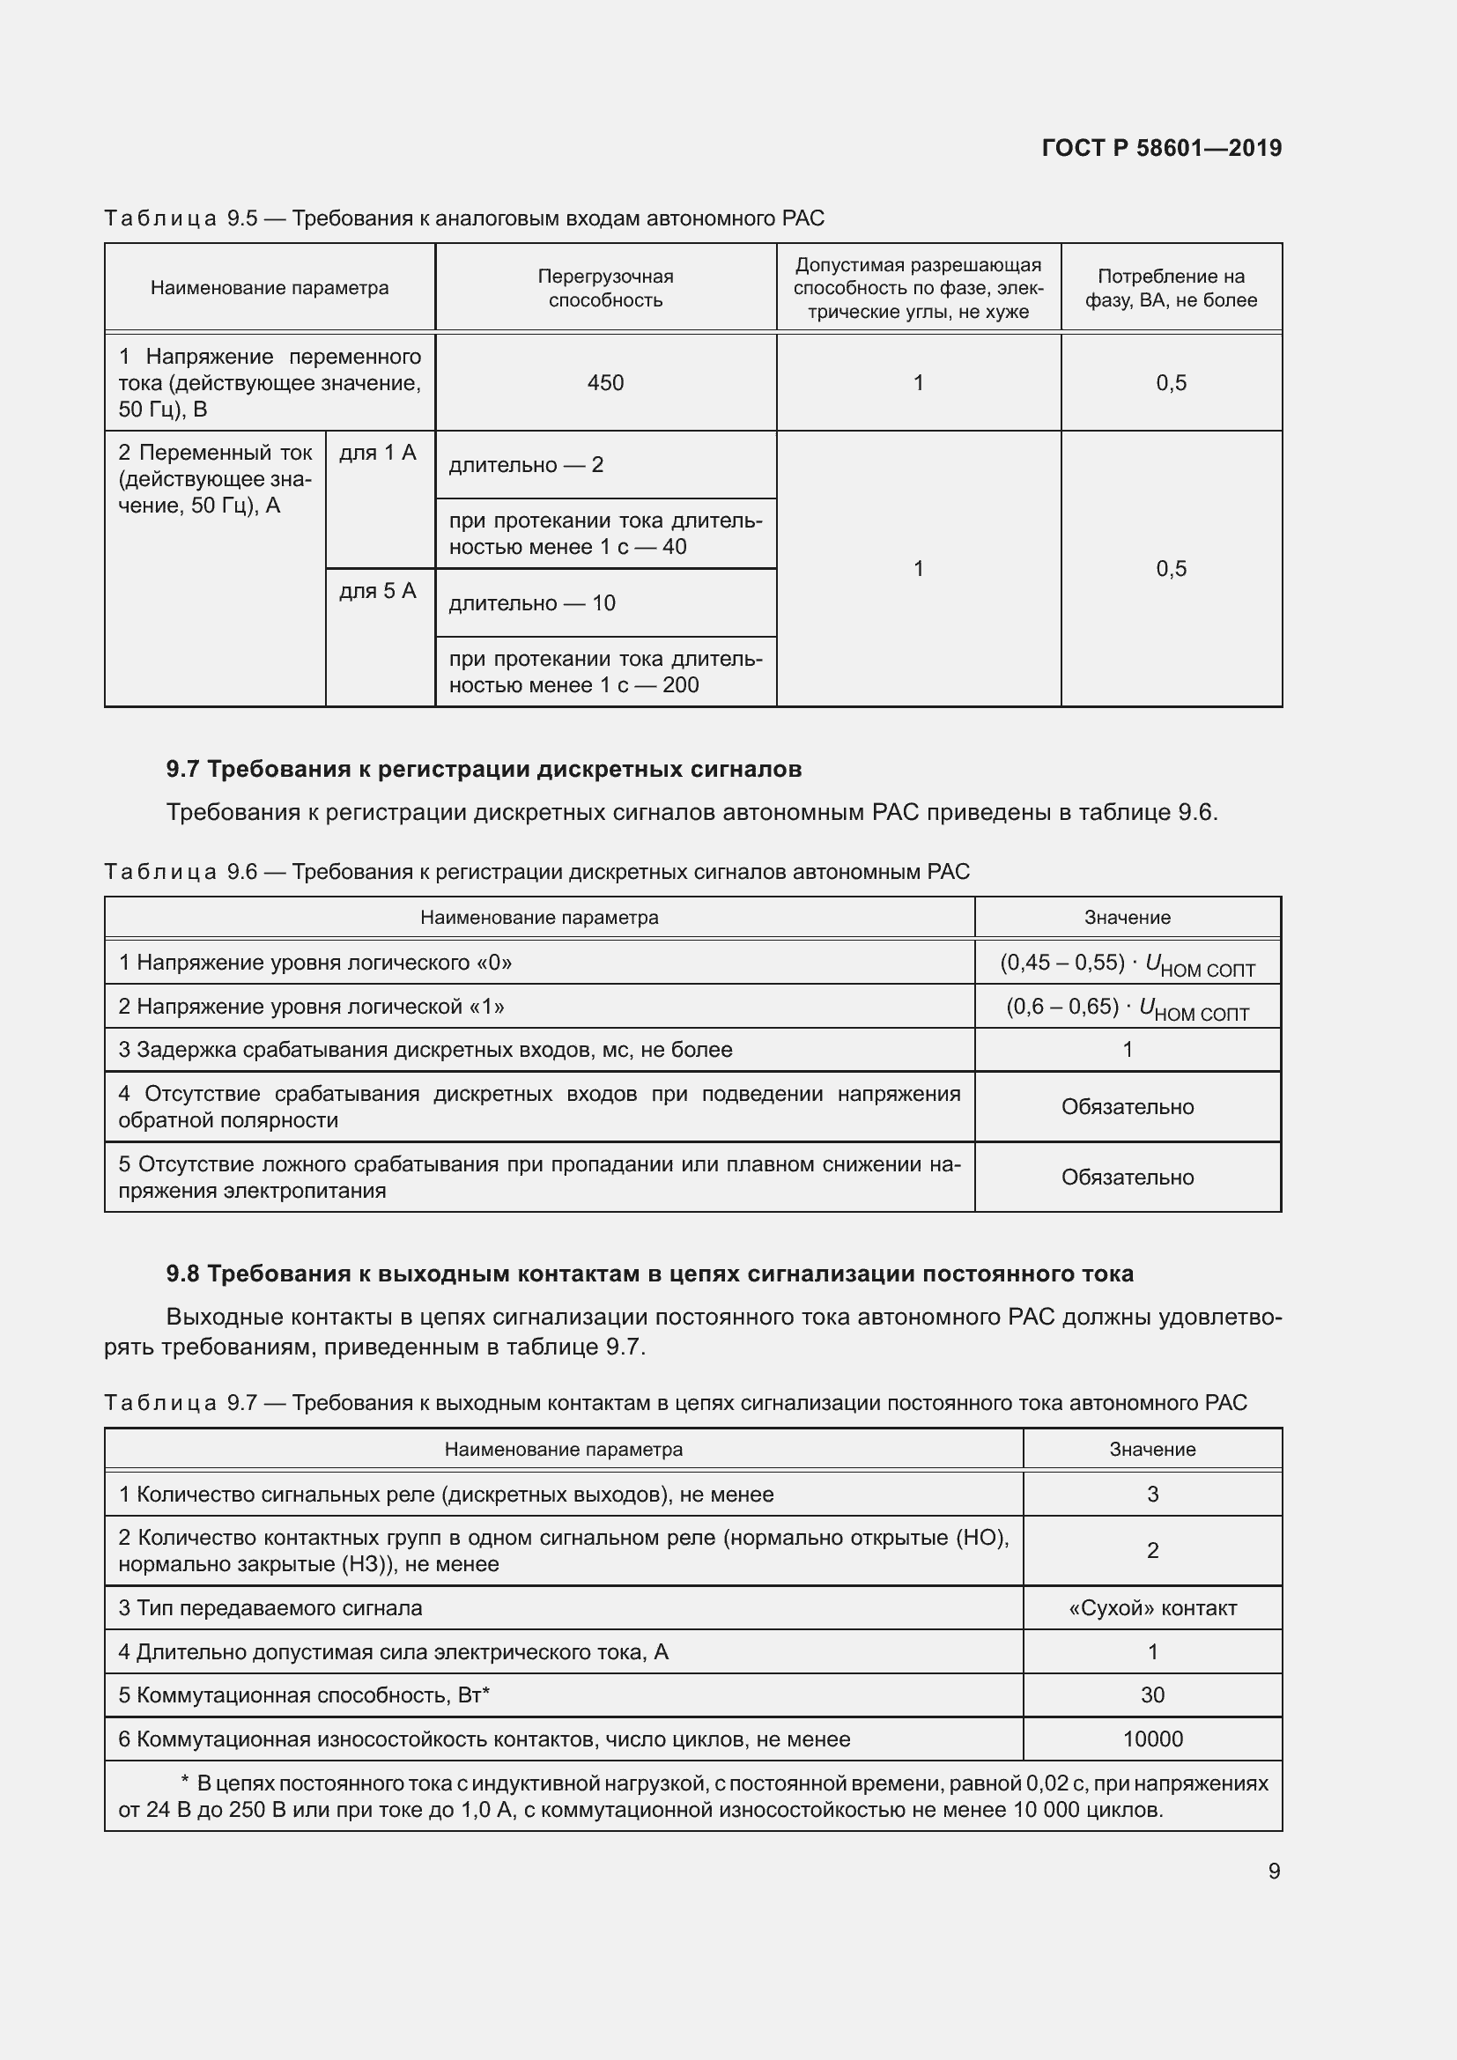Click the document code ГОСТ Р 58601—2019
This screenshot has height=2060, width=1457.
coord(1161,148)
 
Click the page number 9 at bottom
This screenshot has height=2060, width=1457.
coord(1273,1871)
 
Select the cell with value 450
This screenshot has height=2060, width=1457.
coord(604,383)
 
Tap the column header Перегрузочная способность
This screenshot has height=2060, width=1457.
coord(604,288)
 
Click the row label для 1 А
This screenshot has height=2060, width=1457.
coord(378,453)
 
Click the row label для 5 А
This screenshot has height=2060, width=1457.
coord(378,591)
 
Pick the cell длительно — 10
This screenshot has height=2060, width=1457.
coord(532,603)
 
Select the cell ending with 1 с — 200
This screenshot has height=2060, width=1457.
coord(604,672)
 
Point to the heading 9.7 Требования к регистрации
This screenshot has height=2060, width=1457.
coord(484,769)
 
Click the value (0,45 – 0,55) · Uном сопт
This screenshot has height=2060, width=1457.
coord(1127,964)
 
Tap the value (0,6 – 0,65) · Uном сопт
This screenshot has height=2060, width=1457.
coord(1127,1008)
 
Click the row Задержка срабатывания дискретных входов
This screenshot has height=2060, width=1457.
coord(425,1050)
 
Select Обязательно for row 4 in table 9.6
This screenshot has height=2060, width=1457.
coord(1127,1107)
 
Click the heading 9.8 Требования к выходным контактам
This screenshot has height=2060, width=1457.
coord(649,1274)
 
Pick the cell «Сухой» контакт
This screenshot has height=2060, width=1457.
coord(1152,1609)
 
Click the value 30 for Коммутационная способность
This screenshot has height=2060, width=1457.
coord(1152,1695)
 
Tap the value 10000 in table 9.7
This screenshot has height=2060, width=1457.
coord(1152,1739)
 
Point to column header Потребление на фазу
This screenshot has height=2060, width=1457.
coord(1170,288)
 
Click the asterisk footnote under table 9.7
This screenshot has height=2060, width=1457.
coord(692,1796)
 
